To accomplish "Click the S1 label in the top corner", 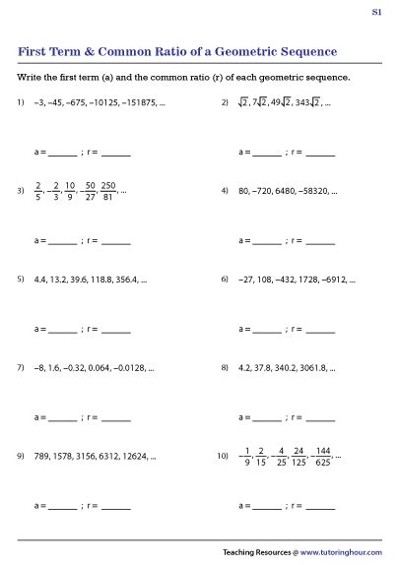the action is [x=376, y=13].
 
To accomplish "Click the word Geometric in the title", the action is [x=216, y=51].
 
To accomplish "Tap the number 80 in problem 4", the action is [x=243, y=190].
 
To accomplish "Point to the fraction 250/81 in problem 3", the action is [x=108, y=190].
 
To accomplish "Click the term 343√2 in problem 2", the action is [x=305, y=102].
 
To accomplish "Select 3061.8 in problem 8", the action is [x=312, y=367].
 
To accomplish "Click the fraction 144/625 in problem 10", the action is [x=322, y=456].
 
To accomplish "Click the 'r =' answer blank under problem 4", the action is [x=320, y=241].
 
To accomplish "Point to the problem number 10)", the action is [x=223, y=456].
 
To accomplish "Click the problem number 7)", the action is [x=20, y=367].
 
